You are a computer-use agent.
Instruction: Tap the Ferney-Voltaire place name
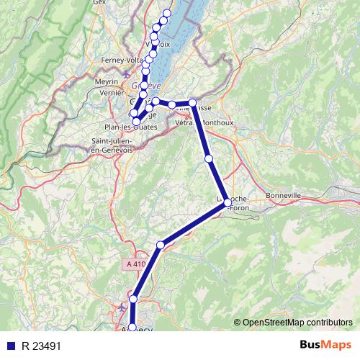pos(124,60)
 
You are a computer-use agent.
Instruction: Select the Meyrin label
pos(106,83)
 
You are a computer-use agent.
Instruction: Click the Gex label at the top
pos(99,3)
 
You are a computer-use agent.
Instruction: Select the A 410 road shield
pos(134,264)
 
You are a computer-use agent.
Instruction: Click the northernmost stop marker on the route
pos(168,13)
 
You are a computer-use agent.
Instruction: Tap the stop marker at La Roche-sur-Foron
pos(228,202)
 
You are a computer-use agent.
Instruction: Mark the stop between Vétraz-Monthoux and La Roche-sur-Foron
pos(209,158)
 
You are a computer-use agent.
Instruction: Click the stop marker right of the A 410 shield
pos(161,246)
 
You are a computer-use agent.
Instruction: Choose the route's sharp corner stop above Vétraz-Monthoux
pos(193,103)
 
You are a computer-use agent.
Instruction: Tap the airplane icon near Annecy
pos(120,310)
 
